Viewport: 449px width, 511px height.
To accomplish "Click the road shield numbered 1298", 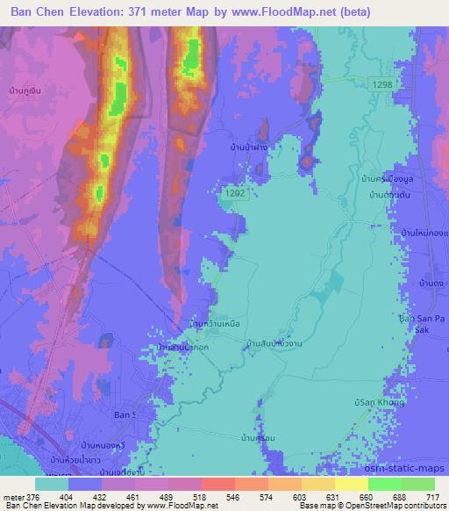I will click(381, 83).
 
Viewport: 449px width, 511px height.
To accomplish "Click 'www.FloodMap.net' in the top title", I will click(287, 12).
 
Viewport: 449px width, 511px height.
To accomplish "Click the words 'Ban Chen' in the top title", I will click(40, 12).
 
